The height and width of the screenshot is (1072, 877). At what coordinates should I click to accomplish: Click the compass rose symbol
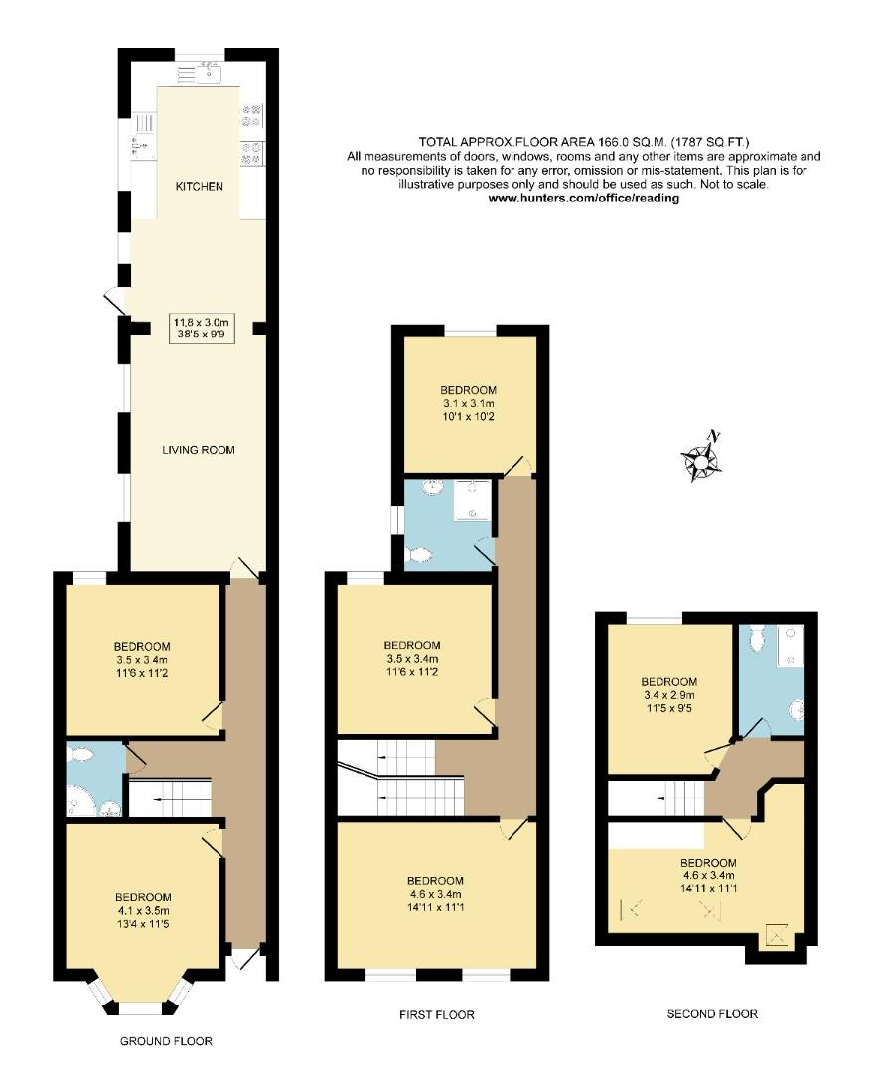tap(702, 460)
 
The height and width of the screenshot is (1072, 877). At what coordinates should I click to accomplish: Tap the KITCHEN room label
tap(199, 187)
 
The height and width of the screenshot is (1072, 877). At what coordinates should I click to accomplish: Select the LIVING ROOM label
tap(199, 450)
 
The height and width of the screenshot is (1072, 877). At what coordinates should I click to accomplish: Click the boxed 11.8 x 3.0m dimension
tap(201, 328)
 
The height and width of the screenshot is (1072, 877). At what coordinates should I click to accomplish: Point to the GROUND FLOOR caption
tap(166, 1041)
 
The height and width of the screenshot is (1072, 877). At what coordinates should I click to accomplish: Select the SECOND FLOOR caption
tap(711, 1014)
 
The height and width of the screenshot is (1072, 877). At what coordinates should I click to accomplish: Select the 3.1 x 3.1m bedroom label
tap(468, 403)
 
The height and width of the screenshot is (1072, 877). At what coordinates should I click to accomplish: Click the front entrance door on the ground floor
tap(242, 961)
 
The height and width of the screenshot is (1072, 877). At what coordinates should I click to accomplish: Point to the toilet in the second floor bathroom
tap(758, 639)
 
